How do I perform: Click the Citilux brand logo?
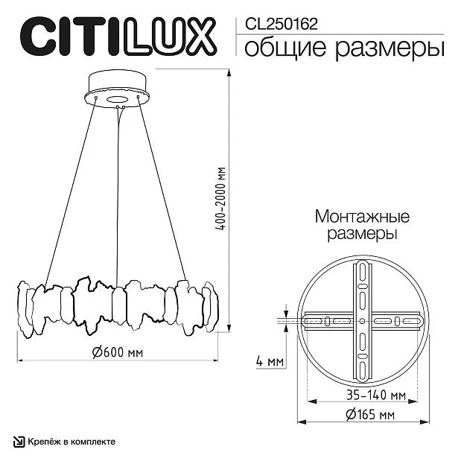[118, 36]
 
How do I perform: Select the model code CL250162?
[281, 24]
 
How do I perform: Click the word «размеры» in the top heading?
[390, 49]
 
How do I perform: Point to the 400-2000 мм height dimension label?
[220, 199]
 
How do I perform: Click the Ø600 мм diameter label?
[118, 352]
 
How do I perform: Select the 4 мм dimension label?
[270, 361]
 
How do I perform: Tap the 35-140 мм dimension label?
[376, 395]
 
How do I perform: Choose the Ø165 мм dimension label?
[370, 414]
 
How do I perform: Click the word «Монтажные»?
[362, 216]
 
